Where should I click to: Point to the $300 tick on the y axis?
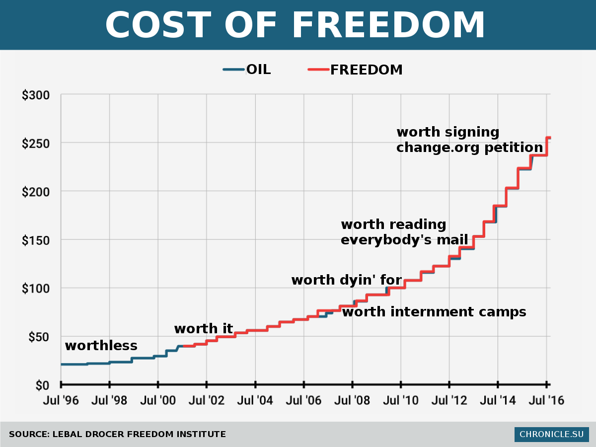click(35, 95)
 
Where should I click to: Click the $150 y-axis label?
click(35, 240)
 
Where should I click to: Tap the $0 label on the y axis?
click(42, 385)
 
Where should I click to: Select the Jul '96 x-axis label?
click(61, 400)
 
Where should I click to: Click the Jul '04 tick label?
click(255, 400)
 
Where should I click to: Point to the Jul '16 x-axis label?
click(546, 400)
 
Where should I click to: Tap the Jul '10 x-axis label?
click(400, 400)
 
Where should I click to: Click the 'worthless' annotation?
click(101, 346)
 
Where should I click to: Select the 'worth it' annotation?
click(203, 329)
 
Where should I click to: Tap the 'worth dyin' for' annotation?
click(346, 280)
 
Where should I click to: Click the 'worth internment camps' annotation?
click(434, 312)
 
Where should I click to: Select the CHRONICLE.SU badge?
click(551, 434)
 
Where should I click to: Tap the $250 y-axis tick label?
click(35, 143)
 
